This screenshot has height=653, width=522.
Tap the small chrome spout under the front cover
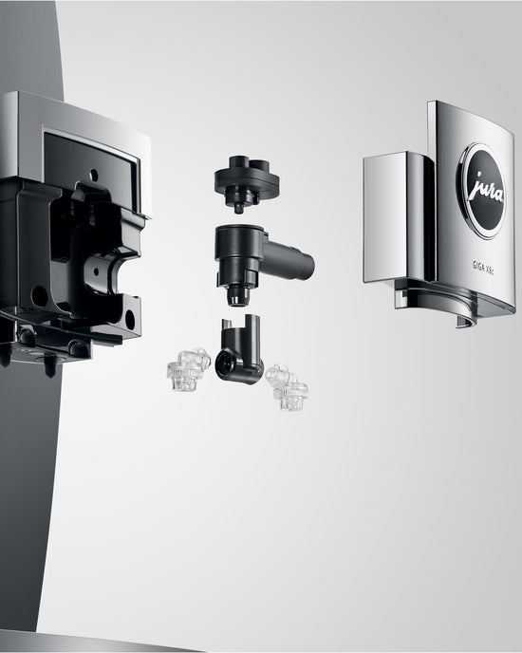point(464,321)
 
